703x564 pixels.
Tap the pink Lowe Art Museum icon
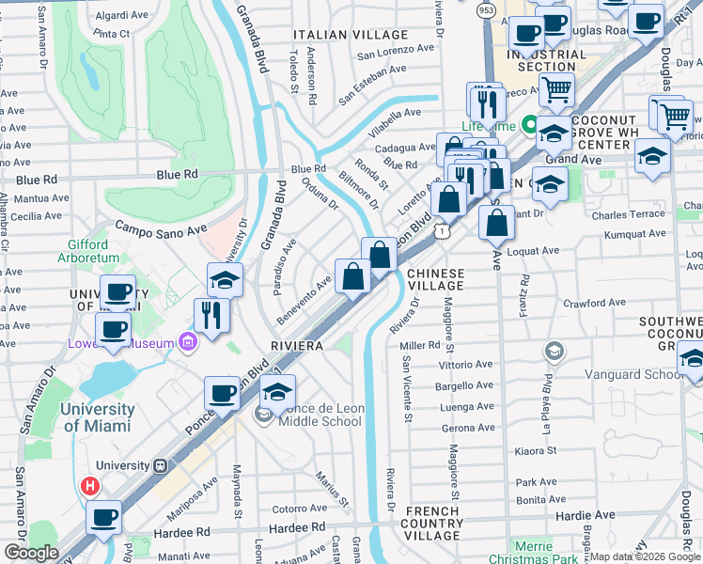pyautogui.click(x=189, y=343)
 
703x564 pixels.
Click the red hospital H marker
pyautogui.click(x=90, y=486)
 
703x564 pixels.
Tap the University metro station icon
pyautogui.click(x=161, y=465)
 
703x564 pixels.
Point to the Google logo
pyautogui.click(x=31, y=553)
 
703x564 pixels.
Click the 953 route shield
pyautogui.click(x=486, y=9)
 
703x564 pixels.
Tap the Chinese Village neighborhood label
pyautogui.click(x=435, y=278)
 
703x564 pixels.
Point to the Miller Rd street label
pyautogui.click(x=420, y=345)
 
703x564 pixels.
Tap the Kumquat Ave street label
pyautogui.click(x=634, y=234)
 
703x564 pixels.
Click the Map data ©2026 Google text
pyautogui.click(x=644, y=556)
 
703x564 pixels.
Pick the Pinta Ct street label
pyautogui.click(x=111, y=34)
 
